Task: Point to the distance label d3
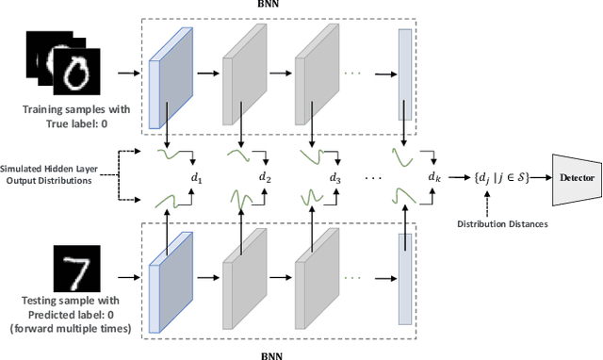(334, 176)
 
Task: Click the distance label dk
(432, 176)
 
